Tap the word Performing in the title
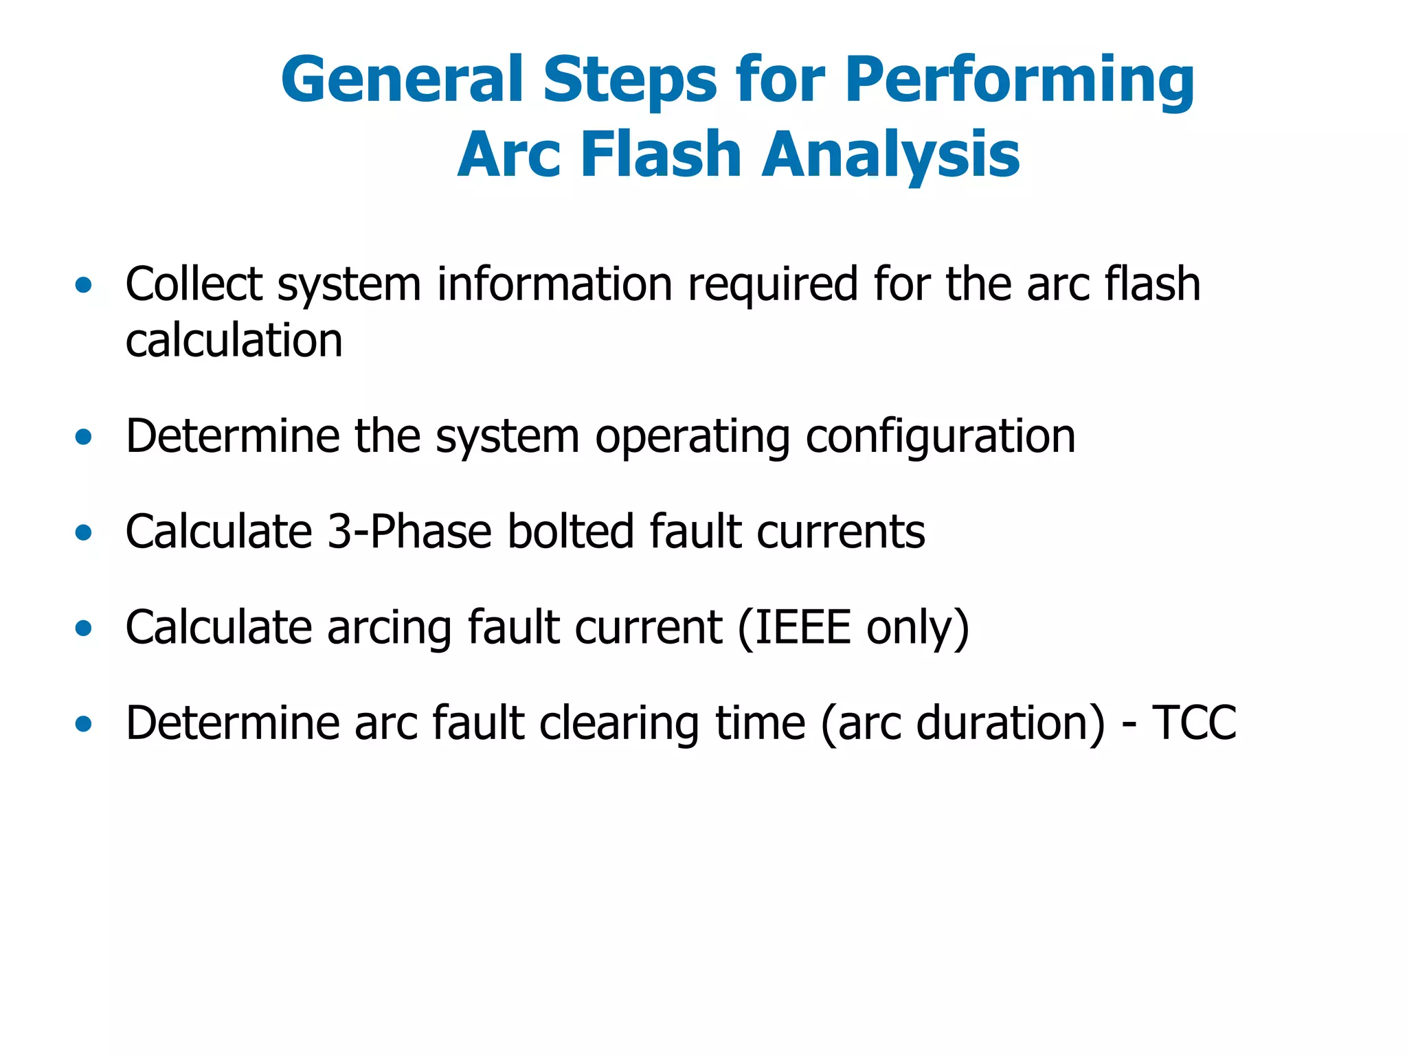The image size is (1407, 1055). tap(1020, 81)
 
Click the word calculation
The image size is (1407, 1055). tap(234, 341)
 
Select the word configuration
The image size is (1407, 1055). tap(940, 437)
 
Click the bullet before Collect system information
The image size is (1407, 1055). tap(83, 285)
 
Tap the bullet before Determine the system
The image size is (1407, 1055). tap(83, 437)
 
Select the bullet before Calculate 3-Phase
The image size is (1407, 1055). tap(83, 532)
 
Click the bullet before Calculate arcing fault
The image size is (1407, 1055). tap(83, 628)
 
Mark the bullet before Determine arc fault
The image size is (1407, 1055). tap(83, 723)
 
